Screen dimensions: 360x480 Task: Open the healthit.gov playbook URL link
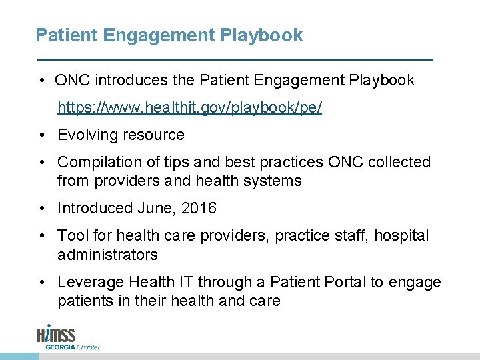pos(189,107)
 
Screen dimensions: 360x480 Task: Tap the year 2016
pos(199,208)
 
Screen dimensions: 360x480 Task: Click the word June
pos(155,208)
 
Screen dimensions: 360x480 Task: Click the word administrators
pos(107,254)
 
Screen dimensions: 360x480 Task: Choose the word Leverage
pos(88,283)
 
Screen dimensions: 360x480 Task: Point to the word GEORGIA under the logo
pos(60,347)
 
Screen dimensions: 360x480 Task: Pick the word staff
pos(350,235)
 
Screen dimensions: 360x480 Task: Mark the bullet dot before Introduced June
pos(41,209)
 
